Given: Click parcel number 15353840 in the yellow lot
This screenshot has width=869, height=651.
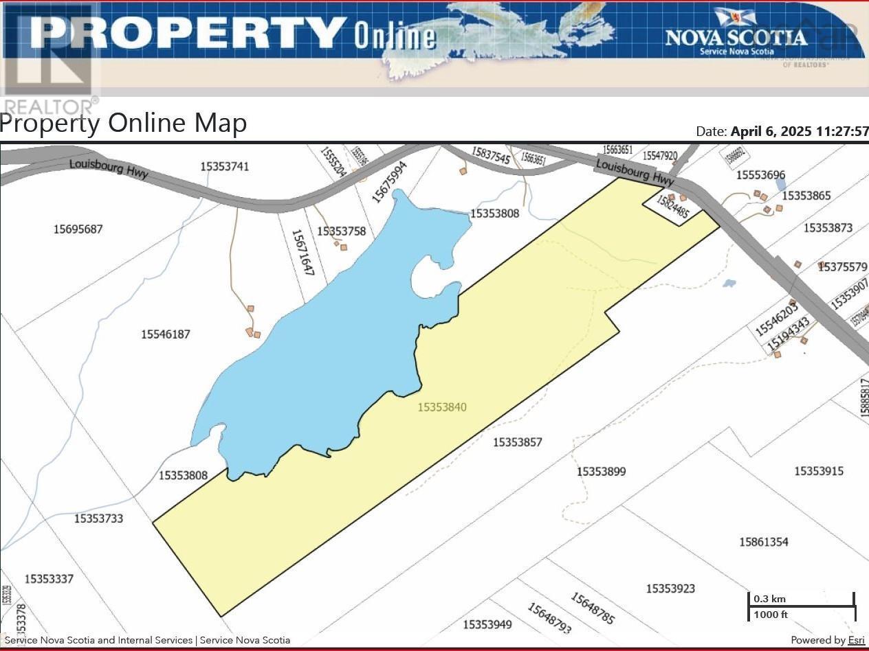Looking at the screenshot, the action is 442,407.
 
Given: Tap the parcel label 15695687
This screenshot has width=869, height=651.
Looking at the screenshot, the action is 78,229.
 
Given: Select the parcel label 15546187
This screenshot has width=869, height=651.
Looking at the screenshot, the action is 165,334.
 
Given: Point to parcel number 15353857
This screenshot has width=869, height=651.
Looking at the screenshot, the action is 517,442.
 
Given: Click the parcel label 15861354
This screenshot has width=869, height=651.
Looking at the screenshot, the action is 764,542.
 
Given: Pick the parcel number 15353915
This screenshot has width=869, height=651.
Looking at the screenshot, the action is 818,471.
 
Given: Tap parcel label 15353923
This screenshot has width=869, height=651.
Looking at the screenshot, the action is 670,589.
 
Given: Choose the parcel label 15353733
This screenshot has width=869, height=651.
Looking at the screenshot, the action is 98,518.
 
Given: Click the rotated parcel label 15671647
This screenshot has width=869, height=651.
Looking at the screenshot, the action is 302,252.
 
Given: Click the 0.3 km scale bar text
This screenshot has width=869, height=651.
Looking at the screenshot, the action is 769,599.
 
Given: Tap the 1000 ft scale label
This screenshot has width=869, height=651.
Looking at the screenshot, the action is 771,615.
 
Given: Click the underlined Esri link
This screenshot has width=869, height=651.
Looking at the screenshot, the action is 856,640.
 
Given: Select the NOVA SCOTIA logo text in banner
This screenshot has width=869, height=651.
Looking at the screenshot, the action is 736,36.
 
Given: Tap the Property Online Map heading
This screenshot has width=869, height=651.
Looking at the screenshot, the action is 124,123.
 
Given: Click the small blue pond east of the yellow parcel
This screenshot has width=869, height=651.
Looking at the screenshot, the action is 729,283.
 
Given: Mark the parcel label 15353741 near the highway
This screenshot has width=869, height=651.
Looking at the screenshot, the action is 225,166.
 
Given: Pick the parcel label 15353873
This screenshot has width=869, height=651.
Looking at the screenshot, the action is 828,228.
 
